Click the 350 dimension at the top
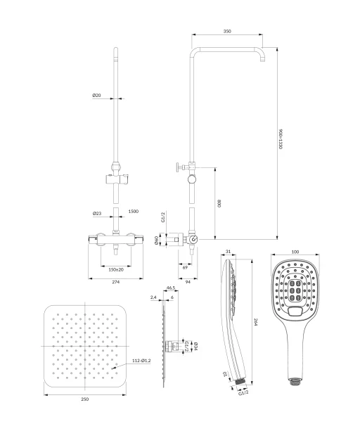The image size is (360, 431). [227, 31]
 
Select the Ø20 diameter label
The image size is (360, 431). [96, 95]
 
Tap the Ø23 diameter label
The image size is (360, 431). [97, 213]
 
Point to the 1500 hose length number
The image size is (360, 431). [134, 212]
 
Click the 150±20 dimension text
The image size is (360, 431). [116, 270]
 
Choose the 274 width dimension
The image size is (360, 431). [116, 282]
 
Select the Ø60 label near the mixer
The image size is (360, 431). [156, 240]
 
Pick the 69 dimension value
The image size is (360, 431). [185, 267]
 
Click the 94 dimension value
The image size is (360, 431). [188, 282]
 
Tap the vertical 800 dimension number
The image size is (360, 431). [219, 203]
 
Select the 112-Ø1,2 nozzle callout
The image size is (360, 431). [141, 361]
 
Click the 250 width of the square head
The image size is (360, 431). [85, 399]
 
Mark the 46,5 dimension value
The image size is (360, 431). [171, 288]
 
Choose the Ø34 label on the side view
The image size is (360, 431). [195, 347]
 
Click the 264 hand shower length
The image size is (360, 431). [255, 322]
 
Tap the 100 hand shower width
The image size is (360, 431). [295, 252]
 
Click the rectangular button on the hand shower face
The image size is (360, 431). [295, 311]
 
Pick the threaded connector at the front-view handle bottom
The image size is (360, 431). [295, 381]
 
